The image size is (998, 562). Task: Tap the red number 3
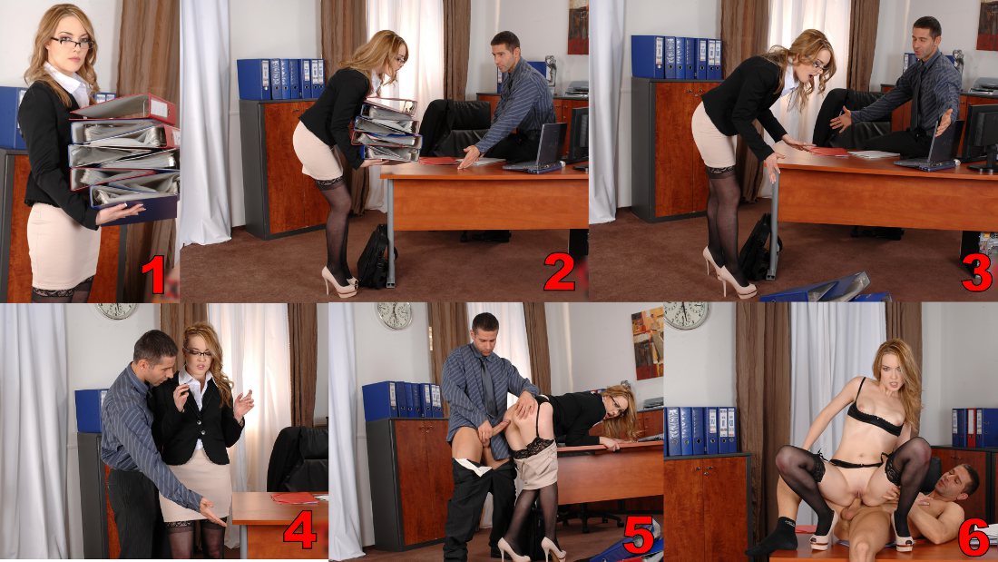pyautogui.click(x=977, y=272)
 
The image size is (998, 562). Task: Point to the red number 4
pyautogui.click(x=300, y=529)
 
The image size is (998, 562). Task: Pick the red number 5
pyautogui.click(x=639, y=534)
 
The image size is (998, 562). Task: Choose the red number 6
pyautogui.click(x=974, y=537)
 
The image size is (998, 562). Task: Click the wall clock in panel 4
pyautogui.click(x=116, y=311)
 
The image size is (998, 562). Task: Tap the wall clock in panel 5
pyautogui.click(x=394, y=315)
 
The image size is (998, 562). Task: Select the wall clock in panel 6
pyautogui.click(x=686, y=315)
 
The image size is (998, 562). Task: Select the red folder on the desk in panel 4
pyautogui.click(x=295, y=498)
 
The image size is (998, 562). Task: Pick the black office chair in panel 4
pyautogui.click(x=298, y=458)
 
